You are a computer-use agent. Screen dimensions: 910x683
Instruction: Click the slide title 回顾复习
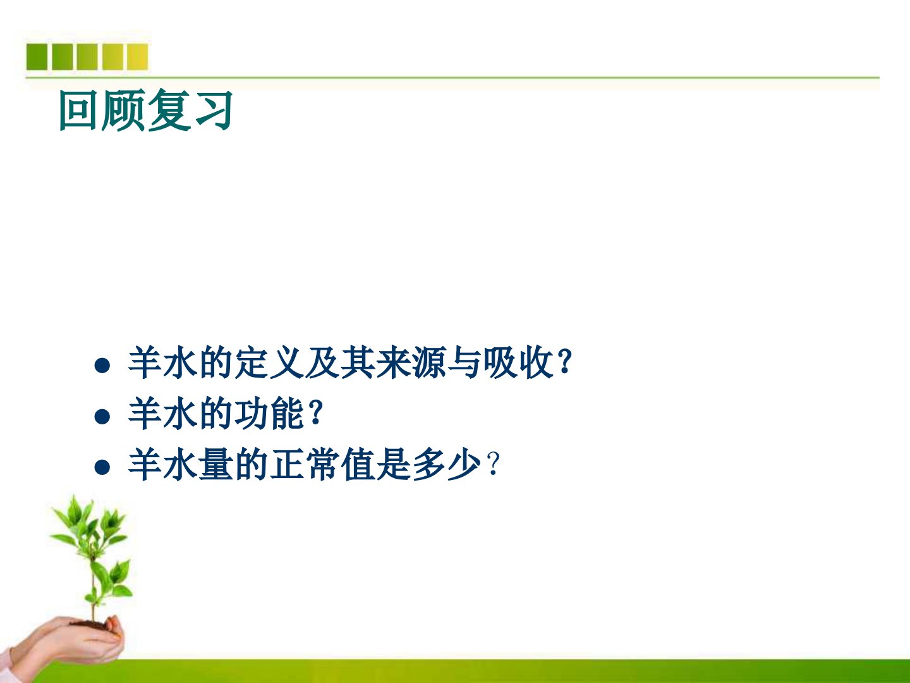[x=145, y=110]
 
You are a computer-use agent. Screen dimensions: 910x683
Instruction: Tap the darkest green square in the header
[x=37, y=57]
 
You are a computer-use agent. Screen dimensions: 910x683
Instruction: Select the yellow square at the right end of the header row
[x=137, y=57]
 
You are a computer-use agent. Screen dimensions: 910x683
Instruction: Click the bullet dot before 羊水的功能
[x=102, y=416]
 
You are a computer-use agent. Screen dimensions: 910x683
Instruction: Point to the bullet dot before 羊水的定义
[x=102, y=366]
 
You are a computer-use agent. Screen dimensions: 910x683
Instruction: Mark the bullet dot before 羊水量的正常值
[x=102, y=467]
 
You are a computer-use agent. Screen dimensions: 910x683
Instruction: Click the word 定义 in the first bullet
[x=269, y=363]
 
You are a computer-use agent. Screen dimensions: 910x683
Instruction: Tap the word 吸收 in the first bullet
[x=518, y=363]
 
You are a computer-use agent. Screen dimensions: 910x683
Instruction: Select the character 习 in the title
[x=214, y=110]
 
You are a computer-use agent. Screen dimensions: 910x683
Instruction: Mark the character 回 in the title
[x=78, y=110]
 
